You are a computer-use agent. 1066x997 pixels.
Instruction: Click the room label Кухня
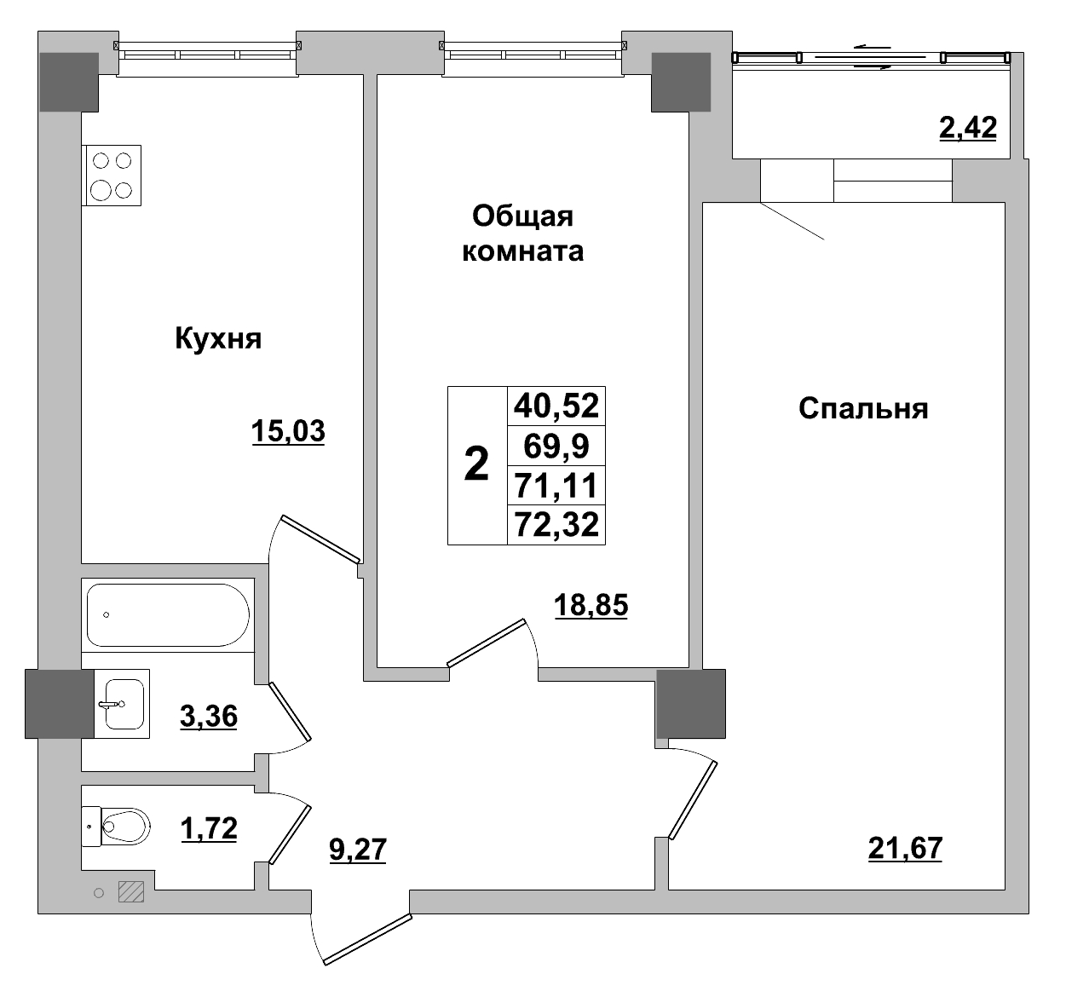pyautogui.click(x=218, y=339)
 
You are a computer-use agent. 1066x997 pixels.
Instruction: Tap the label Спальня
pyautogui.click(x=862, y=409)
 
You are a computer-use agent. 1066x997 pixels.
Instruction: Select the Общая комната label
pyautogui.click(x=522, y=233)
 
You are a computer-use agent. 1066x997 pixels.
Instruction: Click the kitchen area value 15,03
pyautogui.click(x=288, y=432)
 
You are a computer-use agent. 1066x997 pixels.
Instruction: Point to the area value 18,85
pyautogui.click(x=591, y=605)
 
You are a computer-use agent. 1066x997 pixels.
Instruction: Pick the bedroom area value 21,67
pyautogui.click(x=905, y=849)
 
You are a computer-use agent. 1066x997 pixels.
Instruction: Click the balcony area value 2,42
pyautogui.click(x=967, y=128)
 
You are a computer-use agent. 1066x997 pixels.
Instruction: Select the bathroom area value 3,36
pyautogui.click(x=209, y=717)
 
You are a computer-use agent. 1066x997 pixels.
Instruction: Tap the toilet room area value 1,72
pyautogui.click(x=209, y=827)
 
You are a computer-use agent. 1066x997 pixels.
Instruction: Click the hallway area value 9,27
pyautogui.click(x=358, y=849)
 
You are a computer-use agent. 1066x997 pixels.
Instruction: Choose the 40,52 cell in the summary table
pyautogui.click(x=556, y=405)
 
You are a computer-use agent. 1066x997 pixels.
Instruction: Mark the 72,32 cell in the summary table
pyautogui.click(x=556, y=526)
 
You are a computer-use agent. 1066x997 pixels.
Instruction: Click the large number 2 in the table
pyautogui.click(x=477, y=465)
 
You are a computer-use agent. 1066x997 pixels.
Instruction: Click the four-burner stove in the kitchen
pyautogui.click(x=112, y=175)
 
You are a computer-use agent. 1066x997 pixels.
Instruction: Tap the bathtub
pyautogui.click(x=168, y=614)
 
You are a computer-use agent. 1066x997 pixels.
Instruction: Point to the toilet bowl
pyautogui.click(x=124, y=826)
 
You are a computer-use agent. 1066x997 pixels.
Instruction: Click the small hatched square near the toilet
pyautogui.click(x=131, y=891)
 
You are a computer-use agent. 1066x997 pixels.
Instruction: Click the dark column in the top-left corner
pyautogui.click(x=69, y=82)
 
